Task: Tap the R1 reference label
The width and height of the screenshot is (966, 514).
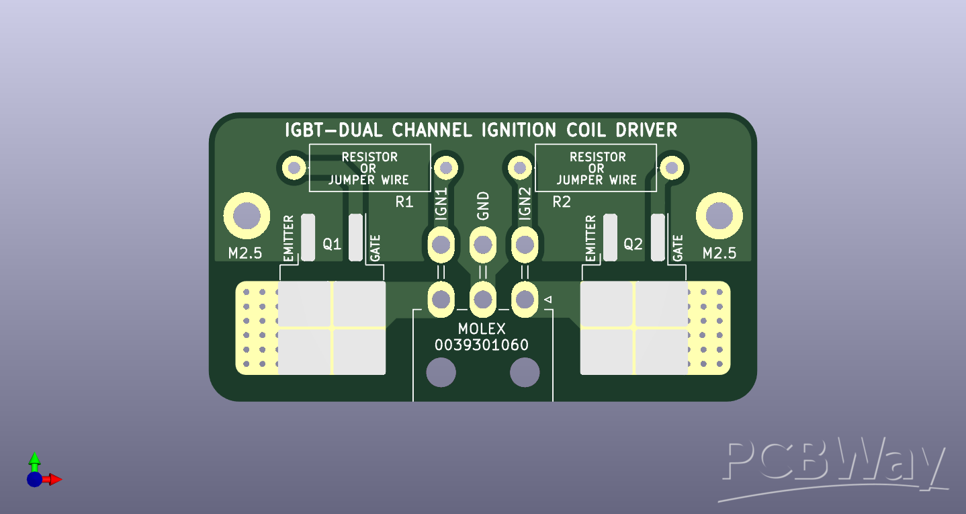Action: (404, 202)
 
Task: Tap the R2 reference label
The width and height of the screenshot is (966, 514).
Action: (562, 202)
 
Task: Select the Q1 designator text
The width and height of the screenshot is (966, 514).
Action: (332, 245)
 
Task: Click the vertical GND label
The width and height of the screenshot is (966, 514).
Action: (483, 206)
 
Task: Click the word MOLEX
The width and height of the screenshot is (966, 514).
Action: (482, 329)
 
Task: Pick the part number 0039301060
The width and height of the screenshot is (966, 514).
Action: (482, 345)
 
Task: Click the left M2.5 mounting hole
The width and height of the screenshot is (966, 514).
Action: (247, 216)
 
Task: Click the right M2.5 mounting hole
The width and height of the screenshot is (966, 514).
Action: (719, 216)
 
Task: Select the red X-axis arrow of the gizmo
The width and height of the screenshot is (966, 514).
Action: (54, 479)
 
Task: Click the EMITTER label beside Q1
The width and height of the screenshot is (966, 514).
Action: (289, 239)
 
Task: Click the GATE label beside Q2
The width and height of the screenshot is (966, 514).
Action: (677, 247)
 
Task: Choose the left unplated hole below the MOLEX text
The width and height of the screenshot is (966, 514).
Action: (441, 372)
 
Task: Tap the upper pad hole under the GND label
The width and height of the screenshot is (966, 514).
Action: (482, 245)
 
